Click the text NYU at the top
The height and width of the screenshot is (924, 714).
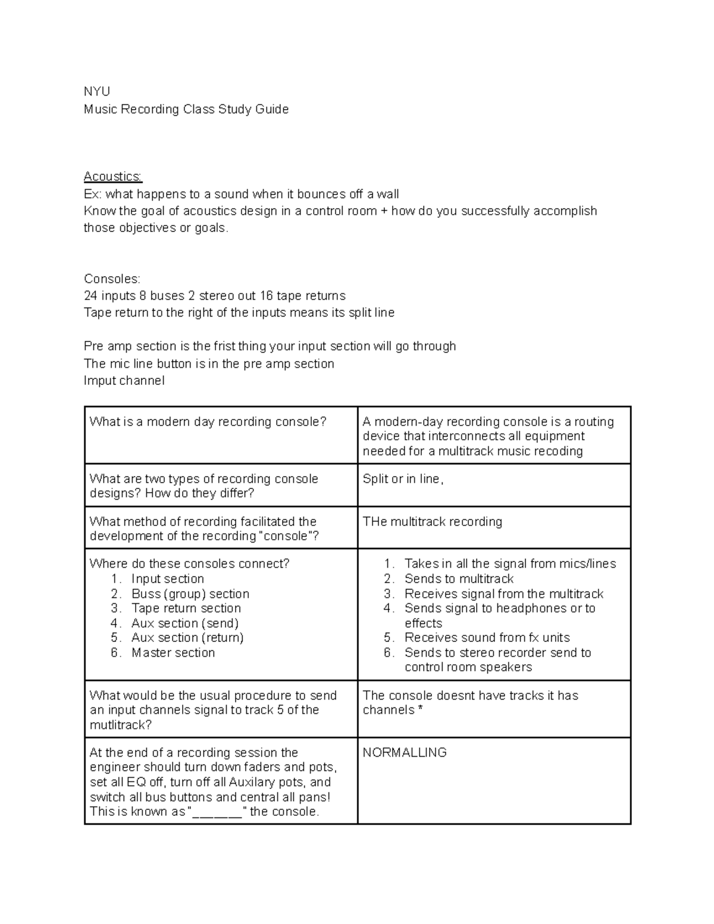(x=97, y=92)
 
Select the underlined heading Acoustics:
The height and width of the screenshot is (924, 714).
(x=113, y=176)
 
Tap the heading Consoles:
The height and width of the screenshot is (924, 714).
(x=112, y=278)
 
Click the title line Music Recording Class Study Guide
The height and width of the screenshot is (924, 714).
(x=186, y=109)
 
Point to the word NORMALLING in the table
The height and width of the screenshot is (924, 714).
(x=405, y=753)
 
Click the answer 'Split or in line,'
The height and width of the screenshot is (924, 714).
(x=403, y=479)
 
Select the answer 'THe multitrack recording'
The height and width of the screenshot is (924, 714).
(x=432, y=522)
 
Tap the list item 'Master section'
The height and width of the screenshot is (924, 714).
(x=173, y=653)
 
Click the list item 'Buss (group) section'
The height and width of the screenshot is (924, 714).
(x=190, y=594)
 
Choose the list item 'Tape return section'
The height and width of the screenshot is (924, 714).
(x=186, y=608)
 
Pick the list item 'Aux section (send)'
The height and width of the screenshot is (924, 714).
(x=185, y=623)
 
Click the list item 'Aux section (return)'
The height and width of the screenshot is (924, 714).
(x=187, y=638)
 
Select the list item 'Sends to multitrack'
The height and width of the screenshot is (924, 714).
(x=459, y=579)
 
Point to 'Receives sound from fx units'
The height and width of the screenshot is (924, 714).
(x=487, y=638)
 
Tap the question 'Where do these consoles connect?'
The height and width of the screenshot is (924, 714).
(x=189, y=563)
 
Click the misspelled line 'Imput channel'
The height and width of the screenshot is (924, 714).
(x=124, y=381)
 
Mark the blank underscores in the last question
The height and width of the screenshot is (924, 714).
(x=217, y=813)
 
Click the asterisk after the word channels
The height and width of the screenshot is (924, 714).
(x=421, y=709)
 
